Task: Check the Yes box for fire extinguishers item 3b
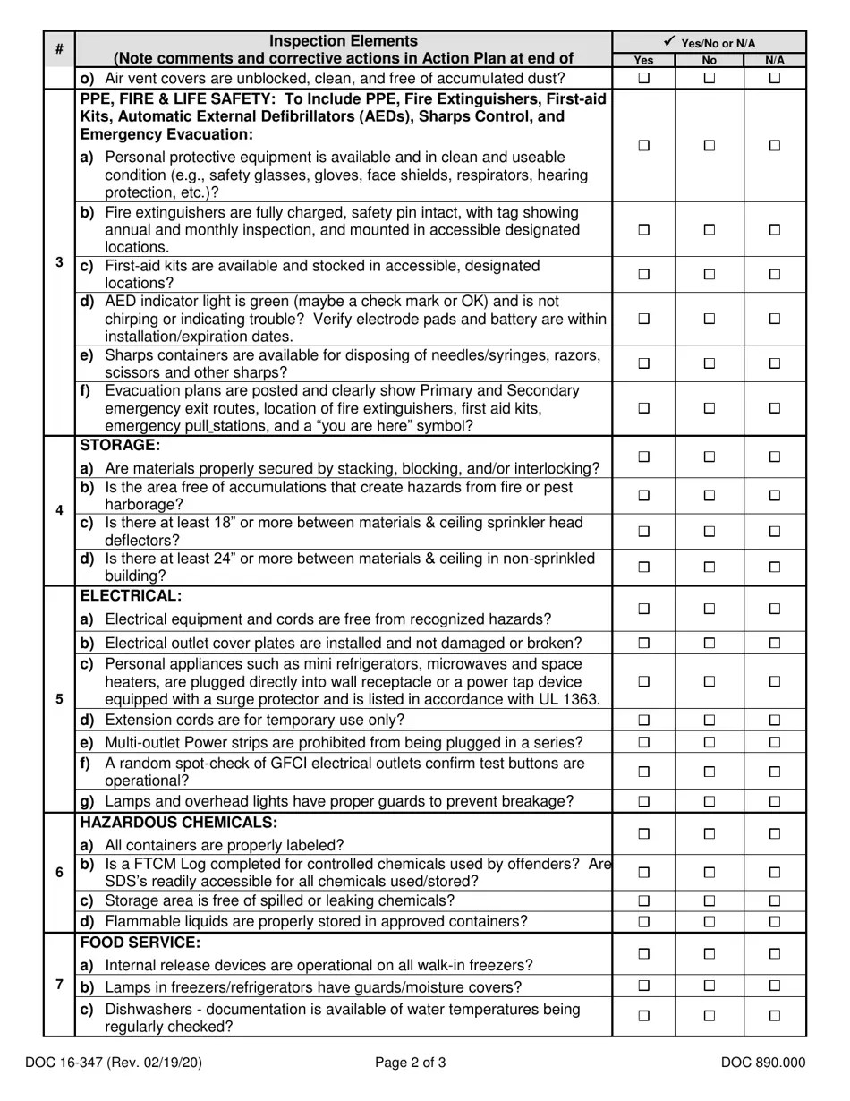click(x=643, y=229)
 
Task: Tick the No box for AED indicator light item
click(x=709, y=319)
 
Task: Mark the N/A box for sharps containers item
click(x=775, y=363)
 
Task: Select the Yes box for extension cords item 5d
click(x=643, y=720)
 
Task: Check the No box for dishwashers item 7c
click(x=709, y=1016)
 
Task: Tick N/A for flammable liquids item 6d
click(x=775, y=922)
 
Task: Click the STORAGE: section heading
click(x=121, y=445)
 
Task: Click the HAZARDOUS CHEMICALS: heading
click(x=179, y=822)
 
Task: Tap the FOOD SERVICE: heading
click(x=140, y=943)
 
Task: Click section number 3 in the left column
click(x=59, y=262)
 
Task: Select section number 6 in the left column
click(x=59, y=872)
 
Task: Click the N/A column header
click(x=775, y=60)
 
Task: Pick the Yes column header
click(x=643, y=60)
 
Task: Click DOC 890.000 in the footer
click(x=763, y=1063)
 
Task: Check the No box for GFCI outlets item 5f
click(x=709, y=772)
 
